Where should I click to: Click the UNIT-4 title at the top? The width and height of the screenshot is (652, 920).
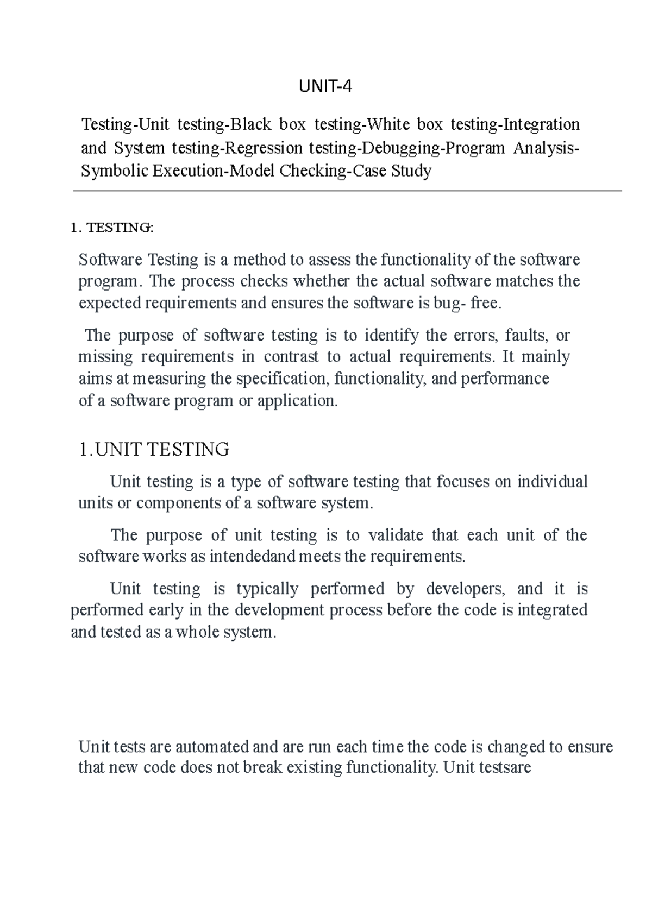coord(325,87)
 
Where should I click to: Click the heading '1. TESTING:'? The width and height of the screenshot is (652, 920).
coord(112,228)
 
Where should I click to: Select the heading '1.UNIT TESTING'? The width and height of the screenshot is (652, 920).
coord(154,450)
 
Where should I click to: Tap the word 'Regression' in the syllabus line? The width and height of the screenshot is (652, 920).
coord(264,148)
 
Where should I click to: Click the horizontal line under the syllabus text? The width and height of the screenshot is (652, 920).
coord(348,191)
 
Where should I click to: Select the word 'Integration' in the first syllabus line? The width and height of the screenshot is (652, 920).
coord(542,125)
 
